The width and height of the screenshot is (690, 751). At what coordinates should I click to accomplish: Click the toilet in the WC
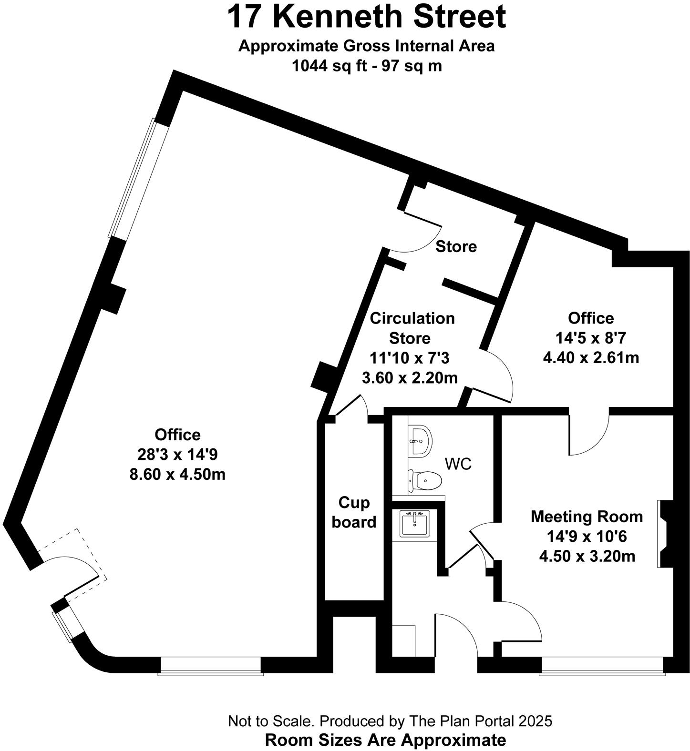pyautogui.click(x=424, y=481)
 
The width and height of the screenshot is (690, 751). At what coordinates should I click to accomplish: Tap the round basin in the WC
pyautogui.click(x=420, y=440)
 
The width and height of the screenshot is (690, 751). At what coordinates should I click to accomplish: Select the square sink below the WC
pyautogui.click(x=414, y=524)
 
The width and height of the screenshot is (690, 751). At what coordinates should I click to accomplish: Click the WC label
pyautogui.click(x=458, y=464)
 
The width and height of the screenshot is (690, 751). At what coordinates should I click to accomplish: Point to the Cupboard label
pyautogui.click(x=354, y=512)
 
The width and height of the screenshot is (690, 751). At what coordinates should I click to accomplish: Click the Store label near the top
pyautogui.click(x=456, y=247)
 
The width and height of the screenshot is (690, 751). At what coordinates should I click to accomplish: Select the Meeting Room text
pyautogui.click(x=587, y=517)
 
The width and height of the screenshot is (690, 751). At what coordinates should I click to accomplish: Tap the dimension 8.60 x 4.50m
pyautogui.click(x=177, y=475)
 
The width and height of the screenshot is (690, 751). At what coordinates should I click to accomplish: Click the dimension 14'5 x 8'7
pyautogui.click(x=590, y=338)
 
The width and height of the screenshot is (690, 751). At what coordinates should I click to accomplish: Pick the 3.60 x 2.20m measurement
pyautogui.click(x=410, y=378)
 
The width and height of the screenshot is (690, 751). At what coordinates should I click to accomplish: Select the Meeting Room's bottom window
pyautogui.click(x=602, y=672)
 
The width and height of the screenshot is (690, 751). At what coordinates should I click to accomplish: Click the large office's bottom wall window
pyautogui.click(x=211, y=672)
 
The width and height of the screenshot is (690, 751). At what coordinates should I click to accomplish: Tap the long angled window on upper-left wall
pyautogui.click(x=138, y=179)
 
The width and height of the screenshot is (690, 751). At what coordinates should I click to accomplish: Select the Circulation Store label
pyautogui.click(x=412, y=328)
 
